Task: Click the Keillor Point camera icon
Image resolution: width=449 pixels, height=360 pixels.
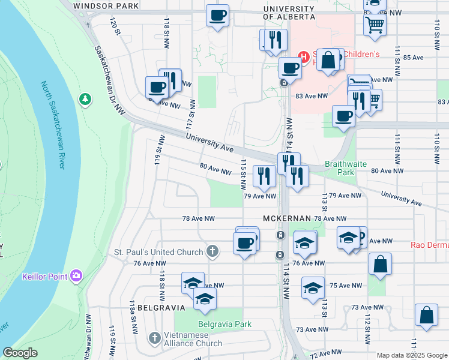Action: coord(76,276)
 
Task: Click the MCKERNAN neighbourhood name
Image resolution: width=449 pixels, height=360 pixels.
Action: coord(286,218)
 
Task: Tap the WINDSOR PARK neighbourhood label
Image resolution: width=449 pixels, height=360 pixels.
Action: coord(106,6)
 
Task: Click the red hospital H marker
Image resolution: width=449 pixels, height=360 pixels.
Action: coord(304,58)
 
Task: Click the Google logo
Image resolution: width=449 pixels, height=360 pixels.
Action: coord(20,353)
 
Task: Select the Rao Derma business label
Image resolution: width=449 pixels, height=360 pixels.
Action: coord(429,245)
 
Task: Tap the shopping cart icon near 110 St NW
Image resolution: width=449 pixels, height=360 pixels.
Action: coord(375,25)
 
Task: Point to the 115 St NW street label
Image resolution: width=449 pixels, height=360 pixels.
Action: coord(244,170)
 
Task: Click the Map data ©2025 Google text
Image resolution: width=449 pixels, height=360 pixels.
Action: coord(412,355)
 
